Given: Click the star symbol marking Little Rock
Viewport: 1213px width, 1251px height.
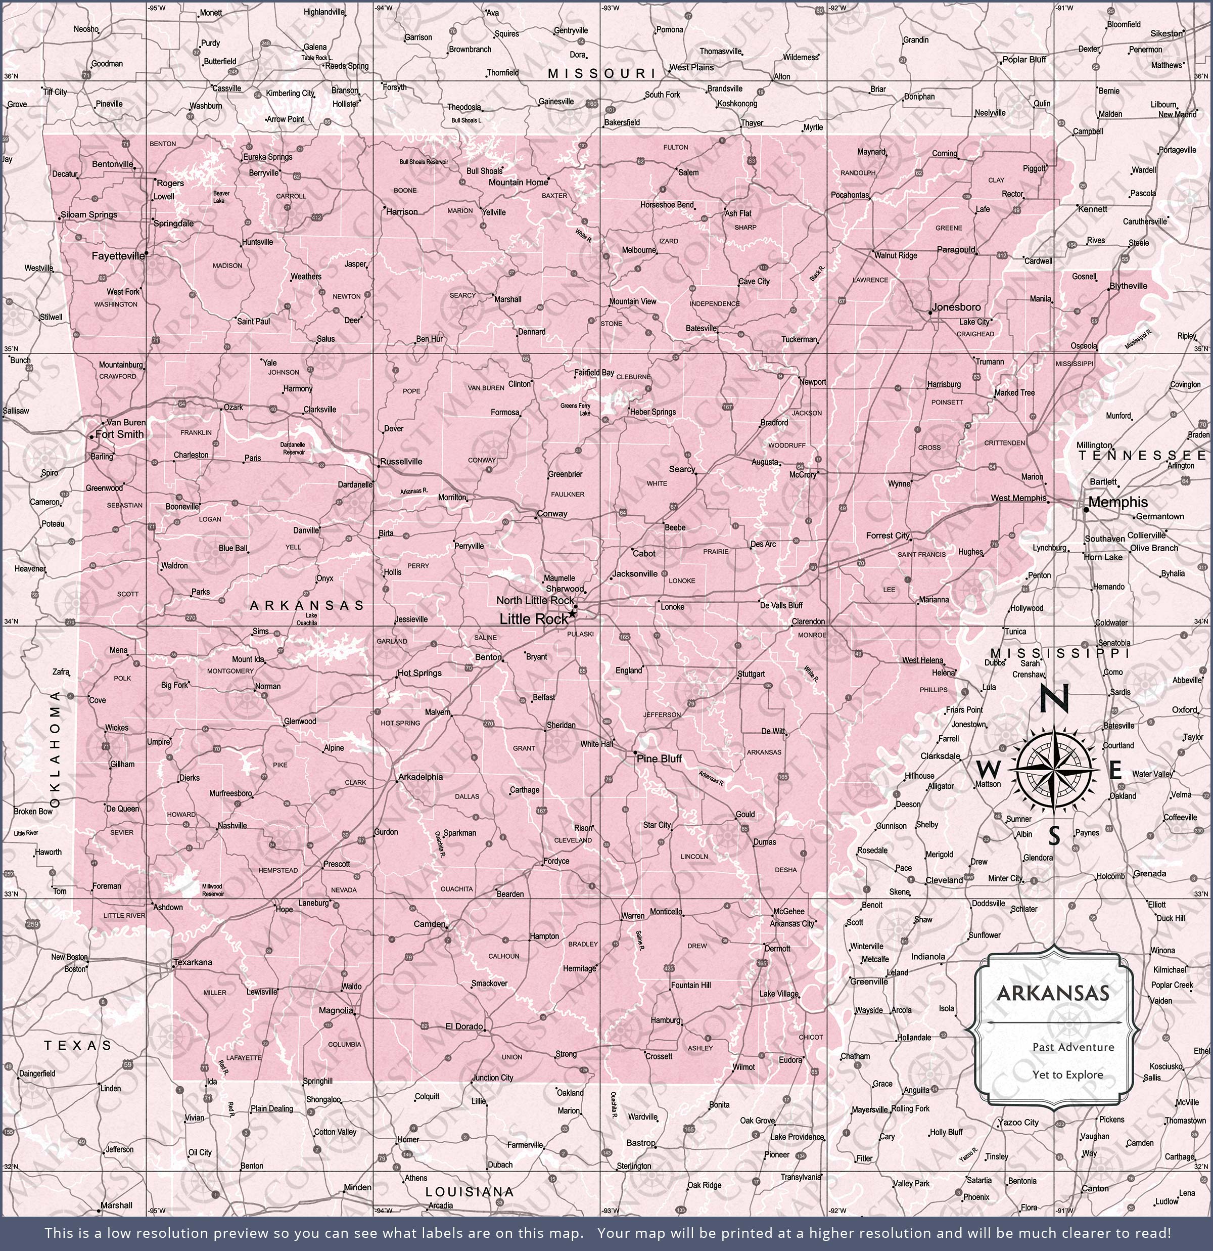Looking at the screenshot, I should coord(572,613).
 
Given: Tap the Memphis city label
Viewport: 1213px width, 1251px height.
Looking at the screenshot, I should coord(1118,502).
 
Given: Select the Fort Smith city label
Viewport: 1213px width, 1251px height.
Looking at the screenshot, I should coord(119,434).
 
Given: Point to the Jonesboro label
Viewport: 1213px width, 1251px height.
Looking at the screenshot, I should coord(956,307).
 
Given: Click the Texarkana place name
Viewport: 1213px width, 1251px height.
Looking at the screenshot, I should coord(194,962).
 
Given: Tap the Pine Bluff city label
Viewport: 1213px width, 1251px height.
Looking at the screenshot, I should coord(659,758).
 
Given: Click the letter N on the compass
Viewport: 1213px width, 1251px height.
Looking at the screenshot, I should coord(1054,699).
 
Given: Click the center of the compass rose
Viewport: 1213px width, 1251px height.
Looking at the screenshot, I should coord(1054,770).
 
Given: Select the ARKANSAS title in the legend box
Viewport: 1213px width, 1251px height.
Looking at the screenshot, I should coord(1052,993).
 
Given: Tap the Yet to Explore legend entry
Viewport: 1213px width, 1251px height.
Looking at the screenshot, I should coord(1067,1074).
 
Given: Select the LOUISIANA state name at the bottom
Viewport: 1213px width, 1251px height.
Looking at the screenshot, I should coord(469,1191).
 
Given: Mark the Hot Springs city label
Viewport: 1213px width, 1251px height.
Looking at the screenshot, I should coord(419,673).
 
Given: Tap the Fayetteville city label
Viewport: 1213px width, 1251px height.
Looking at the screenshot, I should coord(118,256).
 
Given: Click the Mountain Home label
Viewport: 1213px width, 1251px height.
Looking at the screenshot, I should coord(518,182).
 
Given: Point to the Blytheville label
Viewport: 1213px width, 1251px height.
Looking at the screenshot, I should coord(1128,286).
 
